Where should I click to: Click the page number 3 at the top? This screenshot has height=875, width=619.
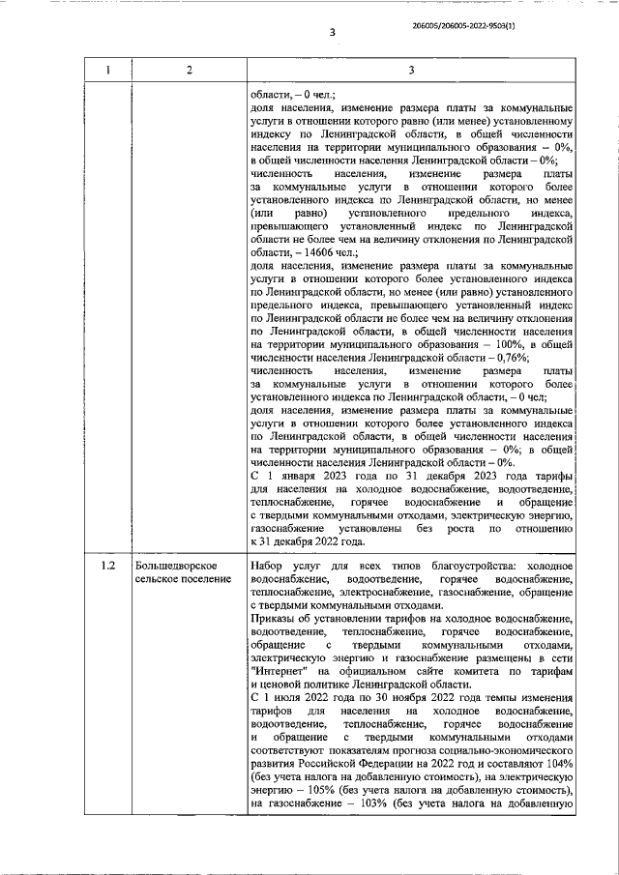(x=331, y=32)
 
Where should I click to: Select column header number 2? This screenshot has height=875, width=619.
(x=189, y=69)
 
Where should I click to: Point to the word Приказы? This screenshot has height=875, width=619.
(x=276, y=617)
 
